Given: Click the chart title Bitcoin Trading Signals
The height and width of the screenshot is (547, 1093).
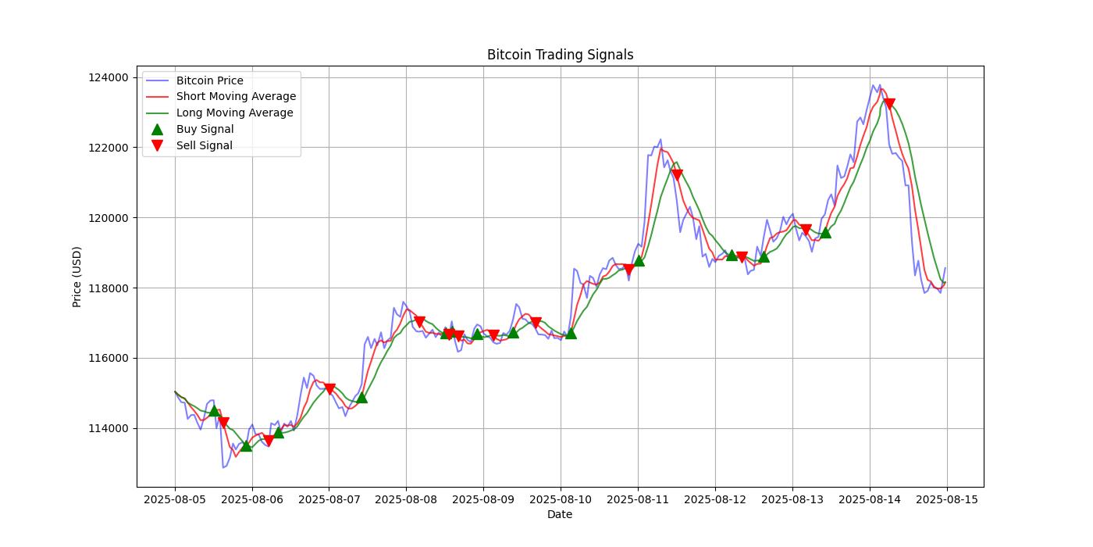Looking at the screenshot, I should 560,55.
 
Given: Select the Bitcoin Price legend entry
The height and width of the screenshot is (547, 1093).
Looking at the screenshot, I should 209,80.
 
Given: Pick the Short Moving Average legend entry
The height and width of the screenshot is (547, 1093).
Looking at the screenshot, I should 236,97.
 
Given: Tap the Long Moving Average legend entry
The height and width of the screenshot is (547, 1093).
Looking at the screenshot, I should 234,113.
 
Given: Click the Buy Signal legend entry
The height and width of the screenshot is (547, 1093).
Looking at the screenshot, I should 205,129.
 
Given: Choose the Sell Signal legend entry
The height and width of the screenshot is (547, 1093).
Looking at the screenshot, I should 204,145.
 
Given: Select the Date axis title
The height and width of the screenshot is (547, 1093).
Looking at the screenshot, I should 560,514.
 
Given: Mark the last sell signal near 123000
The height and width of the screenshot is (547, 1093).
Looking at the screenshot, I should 889,105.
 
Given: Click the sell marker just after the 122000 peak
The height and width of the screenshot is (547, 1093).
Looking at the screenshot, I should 677,175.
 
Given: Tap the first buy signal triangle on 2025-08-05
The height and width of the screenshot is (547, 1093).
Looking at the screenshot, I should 215,410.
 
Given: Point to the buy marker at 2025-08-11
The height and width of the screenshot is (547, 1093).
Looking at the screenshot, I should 639,260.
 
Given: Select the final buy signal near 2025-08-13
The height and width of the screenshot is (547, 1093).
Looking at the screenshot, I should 825,232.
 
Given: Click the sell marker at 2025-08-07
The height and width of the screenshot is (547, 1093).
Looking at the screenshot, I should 329,389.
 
